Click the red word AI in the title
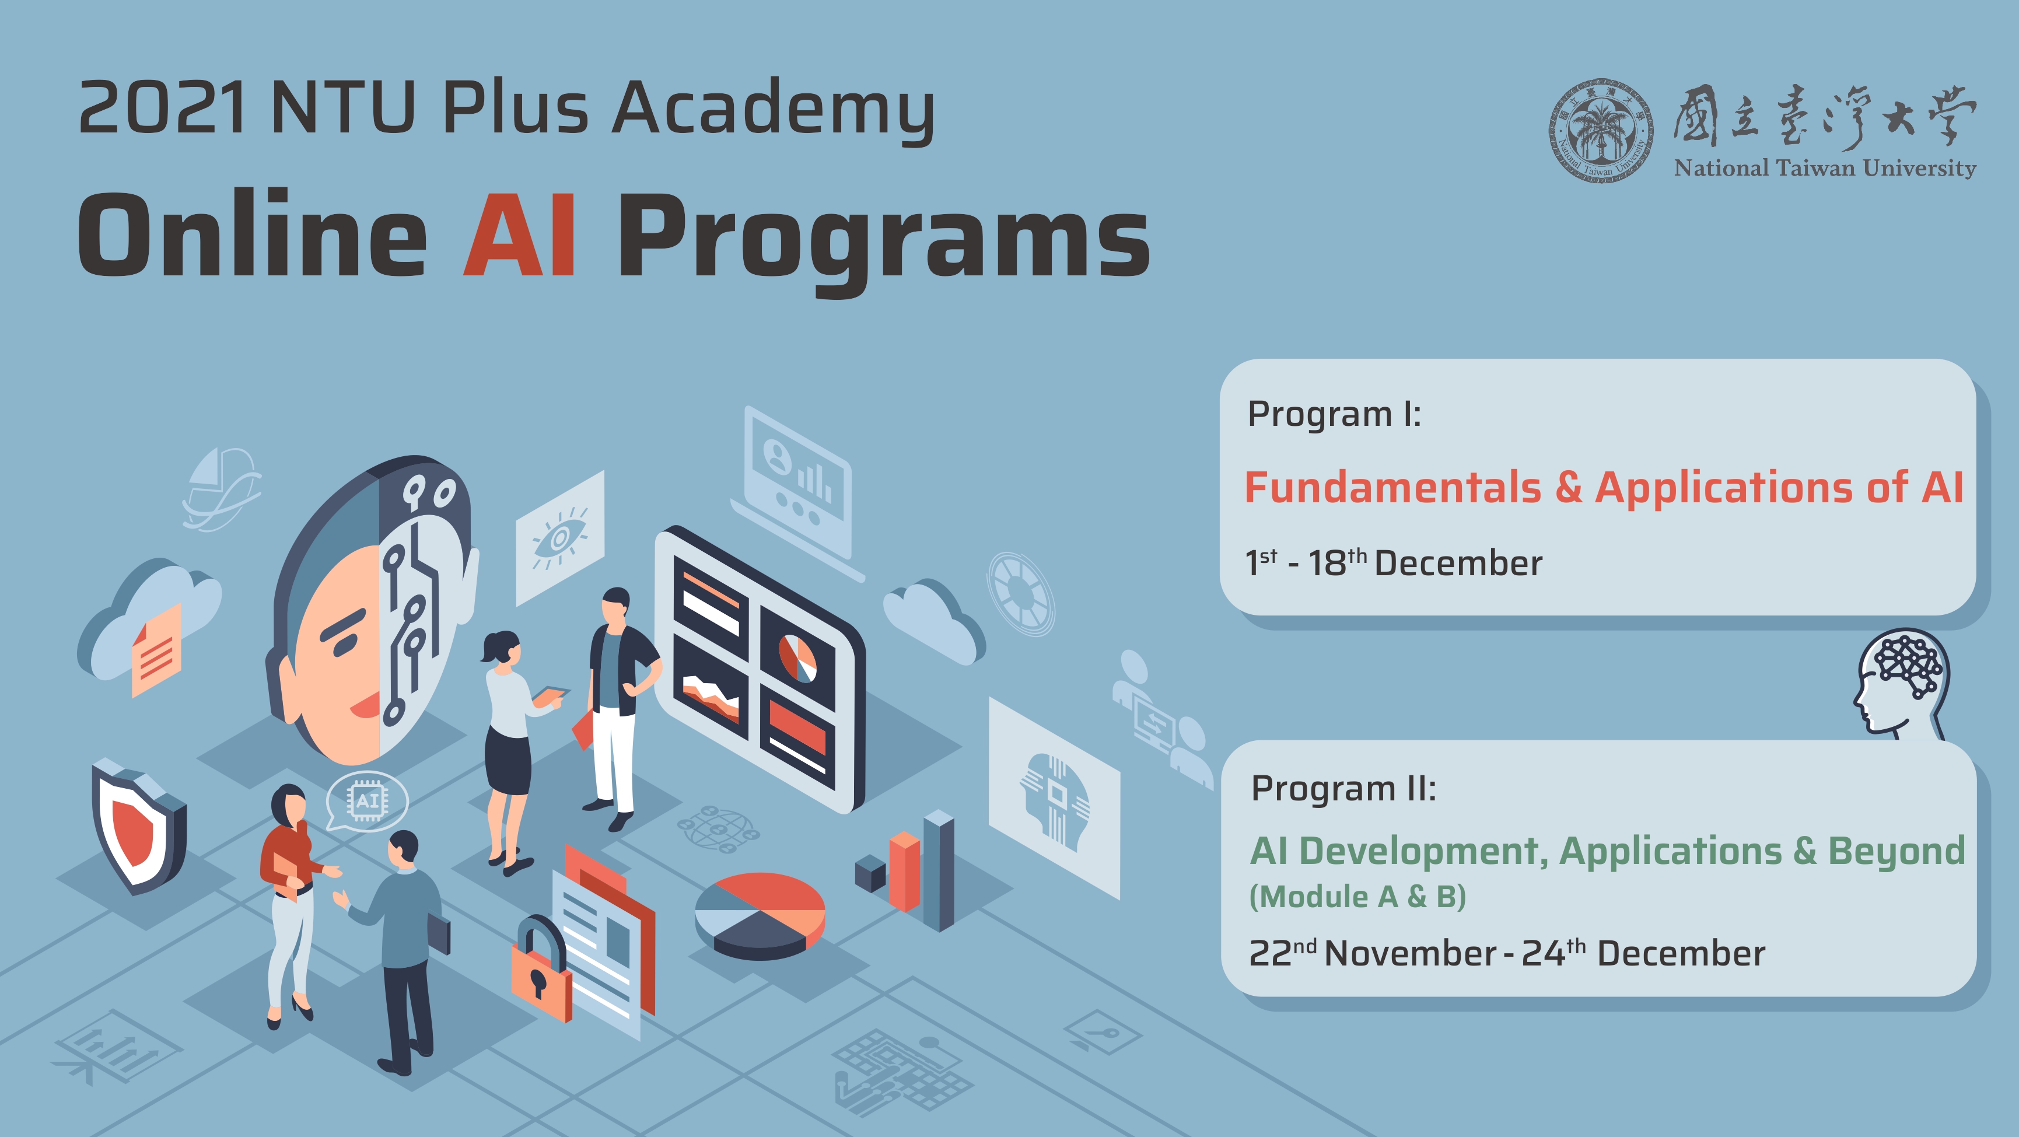[520, 235]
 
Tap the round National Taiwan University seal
[1601, 131]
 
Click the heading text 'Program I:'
[1334, 414]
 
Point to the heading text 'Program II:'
[1343, 788]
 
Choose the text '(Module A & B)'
[1357, 897]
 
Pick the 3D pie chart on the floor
[760, 915]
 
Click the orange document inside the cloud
[157, 650]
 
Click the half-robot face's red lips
[365, 707]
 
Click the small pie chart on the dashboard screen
[797, 657]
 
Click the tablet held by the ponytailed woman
[552, 692]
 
